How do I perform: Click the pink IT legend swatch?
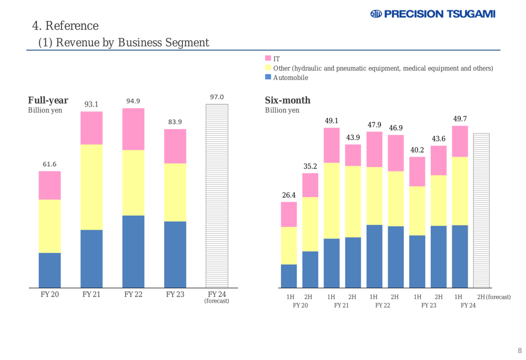click(x=268, y=58)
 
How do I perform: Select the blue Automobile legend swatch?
click(x=268, y=77)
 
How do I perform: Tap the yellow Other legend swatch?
click(x=268, y=68)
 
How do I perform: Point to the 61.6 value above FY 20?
click(x=49, y=164)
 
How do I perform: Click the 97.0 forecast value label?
click(x=217, y=97)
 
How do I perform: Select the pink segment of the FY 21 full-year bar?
click(x=92, y=128)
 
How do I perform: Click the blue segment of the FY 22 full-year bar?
click(x=133, y=251)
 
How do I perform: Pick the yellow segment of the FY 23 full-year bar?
click(x=175, y=192)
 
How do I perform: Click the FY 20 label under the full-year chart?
click(x=49, y=294)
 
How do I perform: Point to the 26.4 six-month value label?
click(x=289, y=195)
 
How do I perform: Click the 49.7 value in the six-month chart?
click(x=460, y=119)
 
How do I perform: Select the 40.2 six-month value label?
click(x=417, y=150)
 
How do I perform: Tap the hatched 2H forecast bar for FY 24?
click(x=481, y=210)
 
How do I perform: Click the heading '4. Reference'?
click(x=65, y=25)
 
